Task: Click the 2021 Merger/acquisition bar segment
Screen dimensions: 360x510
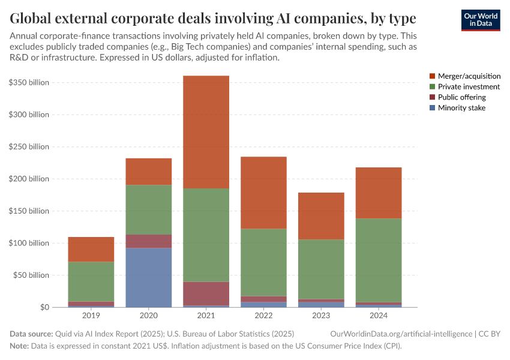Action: coord(206,132)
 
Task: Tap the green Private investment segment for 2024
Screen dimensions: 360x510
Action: coord(378,260)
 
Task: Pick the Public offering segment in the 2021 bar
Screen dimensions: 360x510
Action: coord(206,293)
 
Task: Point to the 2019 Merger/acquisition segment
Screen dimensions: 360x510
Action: coord(91,249)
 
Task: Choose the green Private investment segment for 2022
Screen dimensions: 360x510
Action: coord(263,262)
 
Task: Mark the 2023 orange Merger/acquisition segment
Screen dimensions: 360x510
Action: coord(321,216)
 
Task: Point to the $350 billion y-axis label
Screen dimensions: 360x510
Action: coord(29,82)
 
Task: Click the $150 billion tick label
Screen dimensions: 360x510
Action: coord(29,211)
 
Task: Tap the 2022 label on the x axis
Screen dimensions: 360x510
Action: coord(263,315)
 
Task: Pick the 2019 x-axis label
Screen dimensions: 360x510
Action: coord(91,315)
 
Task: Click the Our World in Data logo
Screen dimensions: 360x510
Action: coord(480,19)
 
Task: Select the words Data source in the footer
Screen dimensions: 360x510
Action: coord(31,334)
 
